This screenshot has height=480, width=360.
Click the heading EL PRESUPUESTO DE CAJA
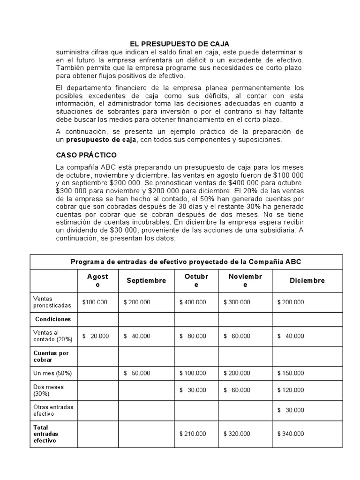179,44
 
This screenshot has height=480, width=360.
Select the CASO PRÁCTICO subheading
86,155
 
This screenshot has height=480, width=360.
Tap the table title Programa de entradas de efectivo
189,262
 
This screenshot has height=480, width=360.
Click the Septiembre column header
146,280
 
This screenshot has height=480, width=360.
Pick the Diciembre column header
307,280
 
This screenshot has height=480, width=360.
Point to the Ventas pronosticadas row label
52,302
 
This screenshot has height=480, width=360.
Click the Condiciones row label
53,319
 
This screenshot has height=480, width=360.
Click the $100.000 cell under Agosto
95,302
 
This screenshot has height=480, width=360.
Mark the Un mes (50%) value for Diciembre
291,373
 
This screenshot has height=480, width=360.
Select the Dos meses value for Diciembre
291,390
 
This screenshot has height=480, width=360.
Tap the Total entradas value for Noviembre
238,434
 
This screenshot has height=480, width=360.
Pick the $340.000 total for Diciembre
291,434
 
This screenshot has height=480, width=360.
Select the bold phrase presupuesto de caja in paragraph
101,140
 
